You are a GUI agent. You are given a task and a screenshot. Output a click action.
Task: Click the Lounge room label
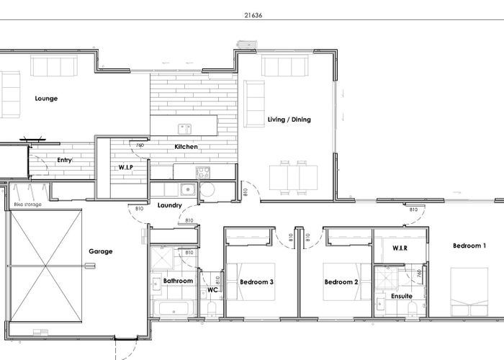click(x=46, y=99)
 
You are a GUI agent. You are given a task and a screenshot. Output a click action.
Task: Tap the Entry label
click(x=64, y=160)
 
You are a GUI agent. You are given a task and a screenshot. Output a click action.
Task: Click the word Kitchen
click(x=186, y=147)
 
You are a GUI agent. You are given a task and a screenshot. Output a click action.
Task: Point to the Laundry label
click(x=169, y=205)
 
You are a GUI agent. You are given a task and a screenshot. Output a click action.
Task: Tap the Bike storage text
click(x=27, y=204)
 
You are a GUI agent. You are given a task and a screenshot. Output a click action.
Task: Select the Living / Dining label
click(x=289, y=120)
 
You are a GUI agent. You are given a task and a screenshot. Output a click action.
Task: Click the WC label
click(x=212, y=290)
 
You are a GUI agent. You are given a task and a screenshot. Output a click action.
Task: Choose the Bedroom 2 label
click(x=341, y=282)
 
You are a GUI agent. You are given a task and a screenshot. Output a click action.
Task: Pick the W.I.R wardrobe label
click(x=400, y=249)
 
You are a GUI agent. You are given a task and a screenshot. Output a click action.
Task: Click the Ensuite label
click(x=401, y=296)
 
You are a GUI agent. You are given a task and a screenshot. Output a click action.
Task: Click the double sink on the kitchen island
click(x=184, y=128)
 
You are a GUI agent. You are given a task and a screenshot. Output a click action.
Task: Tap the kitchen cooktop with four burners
click(x=202, y=172)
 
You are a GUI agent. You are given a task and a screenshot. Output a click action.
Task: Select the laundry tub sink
click(x=186, y=189)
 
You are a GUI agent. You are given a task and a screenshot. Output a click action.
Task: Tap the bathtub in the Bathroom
click(x=174, y=309)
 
